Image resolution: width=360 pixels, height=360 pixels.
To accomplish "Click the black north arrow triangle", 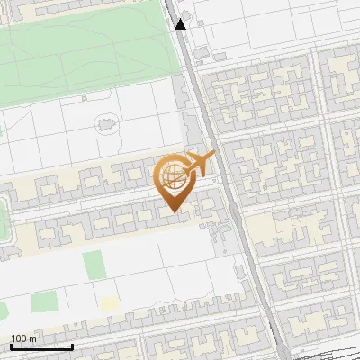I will click(x=181, y=24).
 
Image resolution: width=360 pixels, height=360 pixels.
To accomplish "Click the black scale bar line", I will click(x=41, y=346).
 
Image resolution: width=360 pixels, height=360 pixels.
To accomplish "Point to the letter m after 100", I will click(x=34, y=338).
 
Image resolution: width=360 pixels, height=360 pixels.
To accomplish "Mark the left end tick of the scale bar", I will click(x=11, y=345).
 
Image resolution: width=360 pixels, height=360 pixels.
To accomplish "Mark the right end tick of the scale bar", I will click(x=72, y=345).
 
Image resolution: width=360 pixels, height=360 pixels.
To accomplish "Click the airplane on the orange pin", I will click(x=200, y=163).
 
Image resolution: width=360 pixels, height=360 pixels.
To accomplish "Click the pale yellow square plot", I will click(x=109, y=303).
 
